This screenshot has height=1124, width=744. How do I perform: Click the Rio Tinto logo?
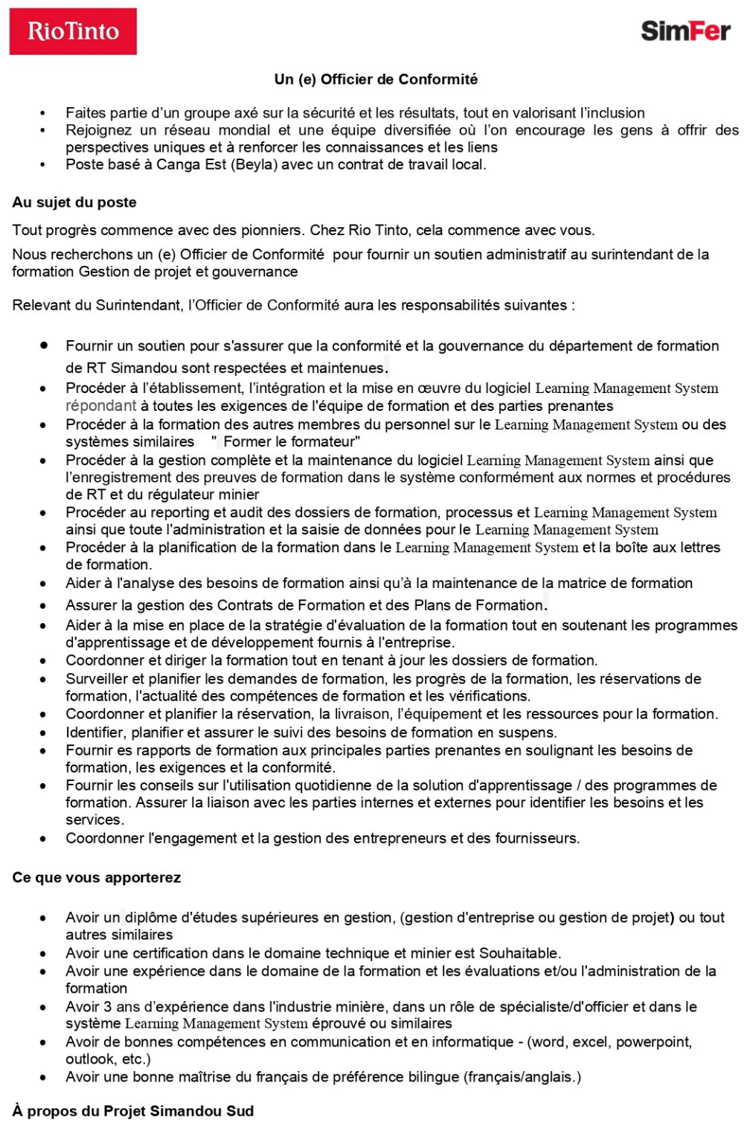tap(73, 31)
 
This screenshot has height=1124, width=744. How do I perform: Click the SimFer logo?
tap(685, 31)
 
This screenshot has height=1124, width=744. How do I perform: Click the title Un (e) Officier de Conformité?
tap(376, 79)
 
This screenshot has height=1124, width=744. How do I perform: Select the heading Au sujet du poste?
tap(74, 202)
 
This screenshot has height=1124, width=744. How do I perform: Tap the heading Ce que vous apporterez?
tap(97, 878)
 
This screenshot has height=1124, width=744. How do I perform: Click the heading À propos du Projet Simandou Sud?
tap(133, 1111)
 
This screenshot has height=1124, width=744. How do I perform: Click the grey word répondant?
tap(100, 406)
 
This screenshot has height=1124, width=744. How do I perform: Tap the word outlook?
tap(86, 1058)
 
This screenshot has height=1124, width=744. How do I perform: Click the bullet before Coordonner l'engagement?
tap(43, 839)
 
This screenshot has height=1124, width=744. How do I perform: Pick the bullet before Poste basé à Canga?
tap(43, 165)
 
